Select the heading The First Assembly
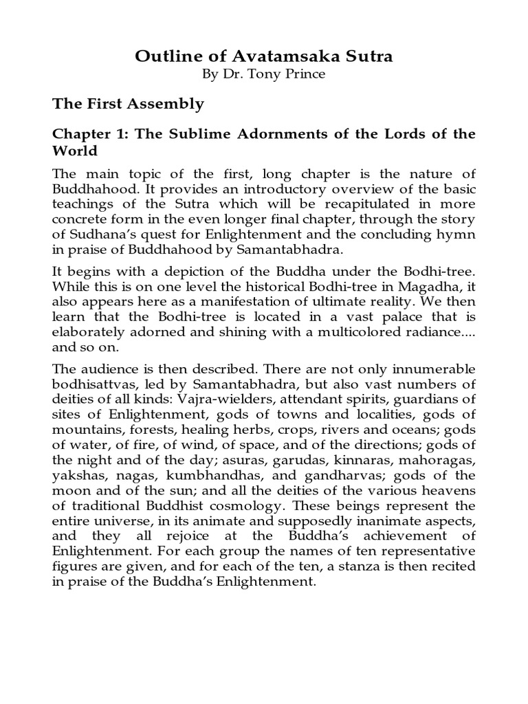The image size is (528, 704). pos(129,104)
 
